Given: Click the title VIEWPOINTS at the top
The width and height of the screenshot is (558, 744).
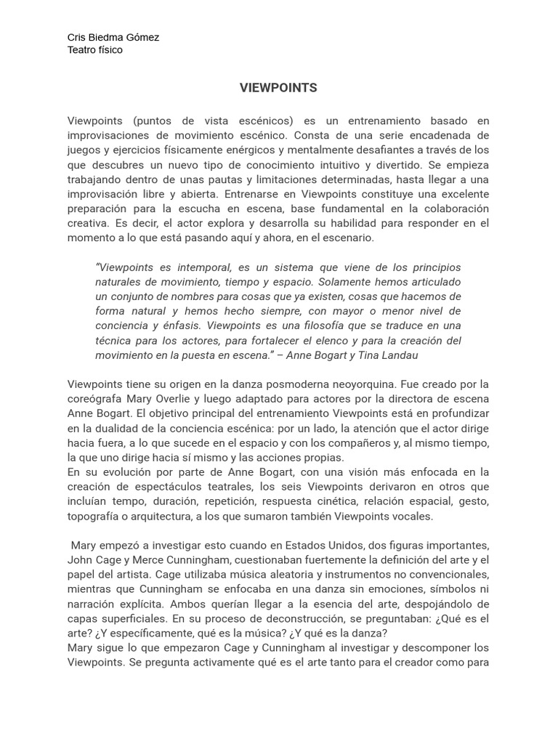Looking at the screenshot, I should tap(278, 88).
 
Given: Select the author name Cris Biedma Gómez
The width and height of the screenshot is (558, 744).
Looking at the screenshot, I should tap(113, 37).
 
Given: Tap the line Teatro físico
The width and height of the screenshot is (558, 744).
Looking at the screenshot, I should tap(94, 50).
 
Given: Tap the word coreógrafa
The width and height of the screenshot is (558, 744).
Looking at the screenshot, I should tap(95, 399).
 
